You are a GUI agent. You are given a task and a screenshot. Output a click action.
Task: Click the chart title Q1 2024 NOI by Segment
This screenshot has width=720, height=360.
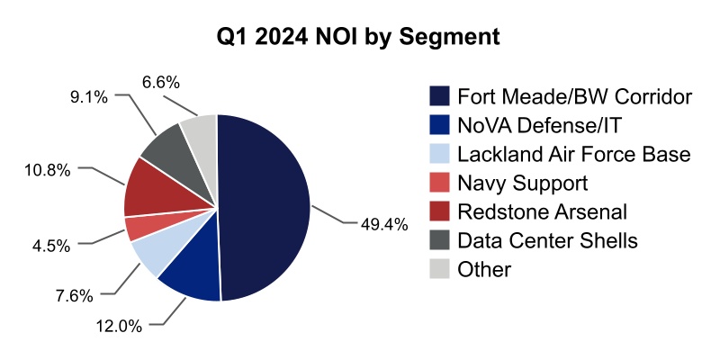[360, 39]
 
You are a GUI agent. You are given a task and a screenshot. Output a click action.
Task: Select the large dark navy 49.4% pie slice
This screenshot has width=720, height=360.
[265, 207]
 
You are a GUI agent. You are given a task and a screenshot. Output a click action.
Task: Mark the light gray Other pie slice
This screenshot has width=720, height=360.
[201, 135]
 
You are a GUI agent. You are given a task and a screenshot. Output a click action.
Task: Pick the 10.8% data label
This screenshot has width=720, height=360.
[55, 167]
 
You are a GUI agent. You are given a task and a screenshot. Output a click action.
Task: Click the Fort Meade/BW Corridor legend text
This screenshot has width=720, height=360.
[574, 95]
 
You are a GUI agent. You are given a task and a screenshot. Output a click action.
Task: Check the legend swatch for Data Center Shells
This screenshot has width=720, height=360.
[440, 240]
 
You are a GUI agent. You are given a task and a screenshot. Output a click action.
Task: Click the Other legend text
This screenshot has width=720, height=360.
[483, 269]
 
